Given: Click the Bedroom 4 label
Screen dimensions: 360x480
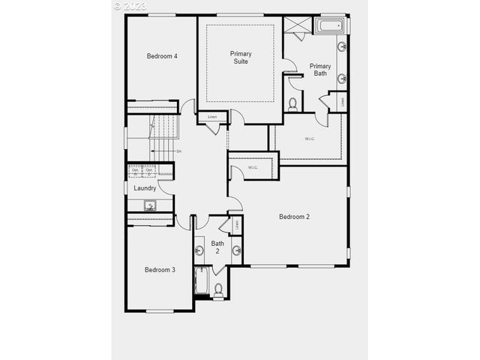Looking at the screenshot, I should coord(162,56).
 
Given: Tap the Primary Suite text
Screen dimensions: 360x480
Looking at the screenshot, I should coord(241,57).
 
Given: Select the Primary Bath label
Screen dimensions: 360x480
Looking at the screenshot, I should coord(320,70).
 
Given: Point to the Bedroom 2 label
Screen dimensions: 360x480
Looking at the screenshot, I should coord(295,217).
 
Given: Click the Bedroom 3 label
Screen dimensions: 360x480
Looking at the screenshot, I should coord(160,270).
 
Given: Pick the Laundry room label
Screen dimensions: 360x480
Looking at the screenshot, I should coord(145,188).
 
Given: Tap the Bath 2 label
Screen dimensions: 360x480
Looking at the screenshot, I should coord(217,247).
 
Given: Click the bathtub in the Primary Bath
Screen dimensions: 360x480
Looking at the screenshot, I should coord(330,26).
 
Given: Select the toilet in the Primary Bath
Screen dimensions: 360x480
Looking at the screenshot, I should coord(293,103).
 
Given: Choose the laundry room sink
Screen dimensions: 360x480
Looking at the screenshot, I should coord(150,204).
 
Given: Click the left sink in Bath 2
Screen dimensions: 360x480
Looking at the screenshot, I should coord(200,250).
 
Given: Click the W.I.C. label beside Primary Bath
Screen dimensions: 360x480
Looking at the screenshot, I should coord(310,139).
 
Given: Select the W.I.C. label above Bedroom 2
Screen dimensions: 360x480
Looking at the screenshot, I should coord(253,167).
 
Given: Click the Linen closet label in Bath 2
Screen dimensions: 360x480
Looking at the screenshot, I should coord(237,223).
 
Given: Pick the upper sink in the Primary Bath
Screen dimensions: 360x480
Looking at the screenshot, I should coord(342,46).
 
